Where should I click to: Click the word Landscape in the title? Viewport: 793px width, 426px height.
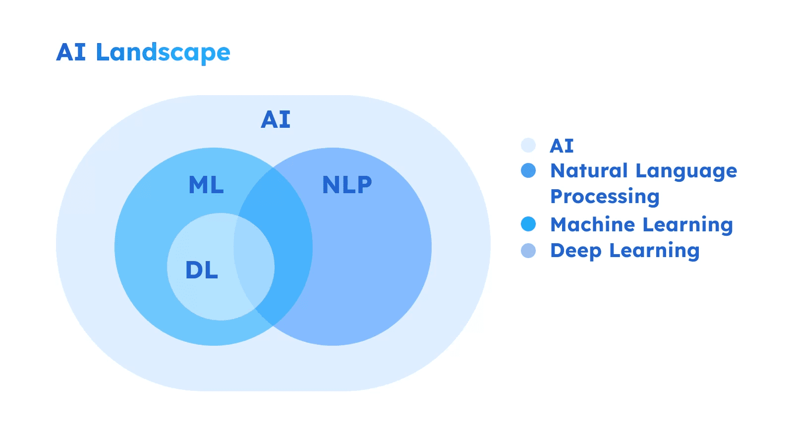163,53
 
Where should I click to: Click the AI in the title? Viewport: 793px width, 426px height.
71,53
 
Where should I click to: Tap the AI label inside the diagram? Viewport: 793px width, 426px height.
276,120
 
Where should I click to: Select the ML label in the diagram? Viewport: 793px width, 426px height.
206,185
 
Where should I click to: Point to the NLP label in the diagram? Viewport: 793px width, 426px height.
347,185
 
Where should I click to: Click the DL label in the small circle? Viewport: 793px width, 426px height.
202,270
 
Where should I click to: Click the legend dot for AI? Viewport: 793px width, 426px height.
528,145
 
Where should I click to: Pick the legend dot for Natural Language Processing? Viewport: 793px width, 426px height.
528,171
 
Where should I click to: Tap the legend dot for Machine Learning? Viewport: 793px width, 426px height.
528,224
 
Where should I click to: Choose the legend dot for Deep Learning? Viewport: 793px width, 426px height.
528,251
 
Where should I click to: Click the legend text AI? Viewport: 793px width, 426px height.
562,146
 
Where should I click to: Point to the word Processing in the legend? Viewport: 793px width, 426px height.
605,197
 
